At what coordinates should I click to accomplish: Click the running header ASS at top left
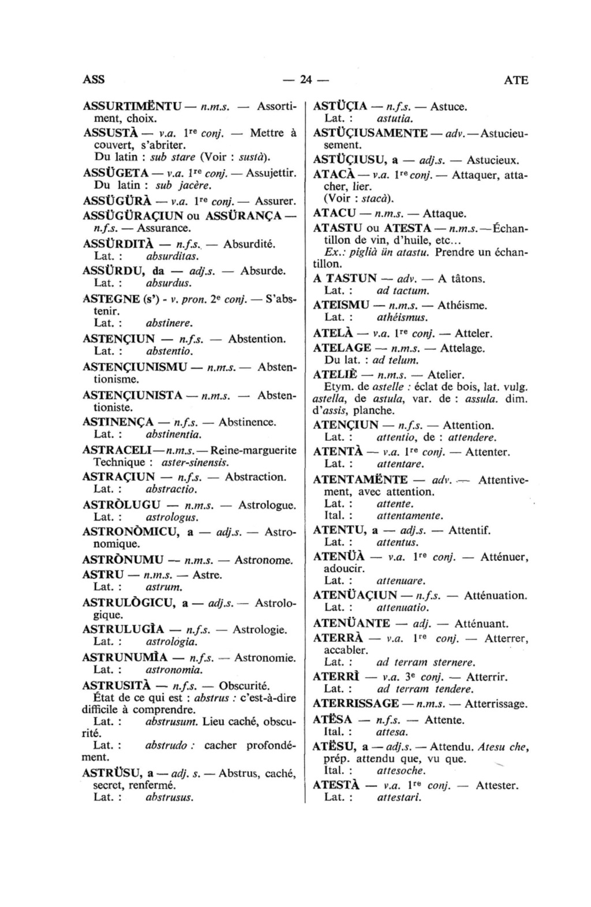(93, 80)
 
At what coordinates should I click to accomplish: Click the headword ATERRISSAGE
(356, 704)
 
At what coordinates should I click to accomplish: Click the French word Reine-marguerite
(254, 450)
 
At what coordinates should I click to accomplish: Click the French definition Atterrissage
(496, 704)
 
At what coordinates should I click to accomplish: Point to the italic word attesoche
(401, 771)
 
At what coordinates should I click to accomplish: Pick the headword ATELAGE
(342, 348)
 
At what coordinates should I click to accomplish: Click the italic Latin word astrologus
(172, 517)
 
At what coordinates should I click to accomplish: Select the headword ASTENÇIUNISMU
(135, 367)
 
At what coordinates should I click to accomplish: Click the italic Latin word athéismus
(402, 317)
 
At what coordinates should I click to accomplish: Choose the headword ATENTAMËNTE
(360, 479)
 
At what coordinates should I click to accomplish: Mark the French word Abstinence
(248, 422)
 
